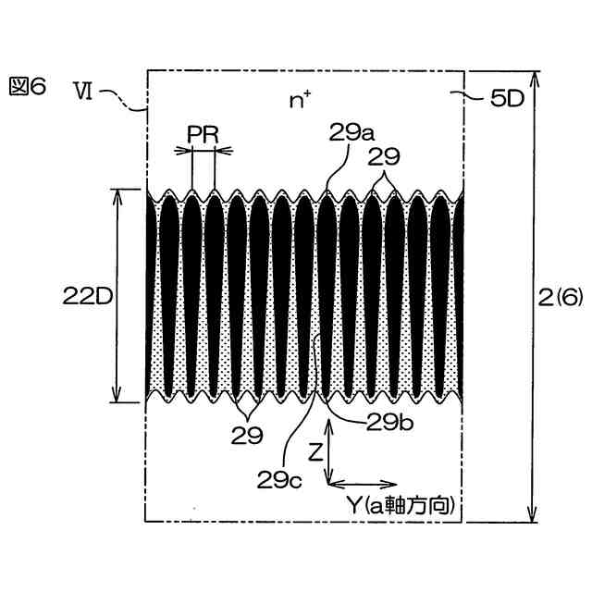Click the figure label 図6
tap(31, 89)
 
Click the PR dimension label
tap(203, 133)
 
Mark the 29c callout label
tap(280, 478)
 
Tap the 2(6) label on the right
tap(561, 296)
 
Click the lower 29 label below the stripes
tap(247, 434)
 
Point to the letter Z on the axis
tap(315, 453)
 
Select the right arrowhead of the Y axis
tap(385, 483)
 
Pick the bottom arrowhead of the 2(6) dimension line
tap(532, 515)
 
